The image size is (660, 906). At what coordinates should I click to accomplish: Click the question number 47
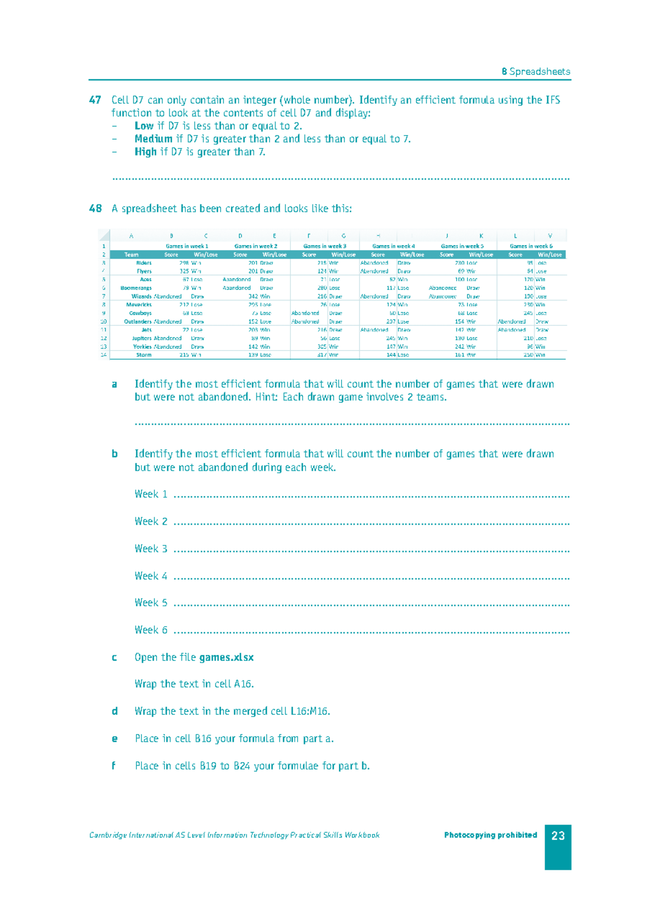click(x=95, y=100)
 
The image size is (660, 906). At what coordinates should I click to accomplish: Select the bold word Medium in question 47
click(x=153, y=139)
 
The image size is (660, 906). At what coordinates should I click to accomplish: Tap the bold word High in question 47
click(x=145, y=152)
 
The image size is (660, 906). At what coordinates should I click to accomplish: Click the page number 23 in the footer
click(x=558, y=836)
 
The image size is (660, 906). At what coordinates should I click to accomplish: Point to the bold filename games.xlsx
click(x=226, y=658)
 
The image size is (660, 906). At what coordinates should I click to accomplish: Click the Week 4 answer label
click(x=151, y=576)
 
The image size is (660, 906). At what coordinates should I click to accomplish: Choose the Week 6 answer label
click(x=151, y=630)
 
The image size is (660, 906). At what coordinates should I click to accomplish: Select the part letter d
click(x=114, y=712)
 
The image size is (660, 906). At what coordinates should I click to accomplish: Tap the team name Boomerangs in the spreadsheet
click(x=136, y=288)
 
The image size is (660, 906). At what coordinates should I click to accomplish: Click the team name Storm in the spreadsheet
click(x=144, y=355)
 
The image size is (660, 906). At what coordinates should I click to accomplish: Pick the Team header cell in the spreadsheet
click(x=131, y=254)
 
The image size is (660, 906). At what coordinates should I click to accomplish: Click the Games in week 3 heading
click(x=324, y=246)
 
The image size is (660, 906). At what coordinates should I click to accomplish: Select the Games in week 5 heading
click(x=462, y=246)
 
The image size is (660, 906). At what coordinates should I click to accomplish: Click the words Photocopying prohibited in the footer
click(x=491, y=835)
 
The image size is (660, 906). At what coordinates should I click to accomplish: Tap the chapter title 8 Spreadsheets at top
click(x=536, y=71)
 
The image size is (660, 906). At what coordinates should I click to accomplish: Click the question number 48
click(x=95, y=209)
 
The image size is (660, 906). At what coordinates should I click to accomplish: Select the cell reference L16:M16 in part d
click(x=310, y=712)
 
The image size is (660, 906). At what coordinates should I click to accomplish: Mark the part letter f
click(x=114, y=766)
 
